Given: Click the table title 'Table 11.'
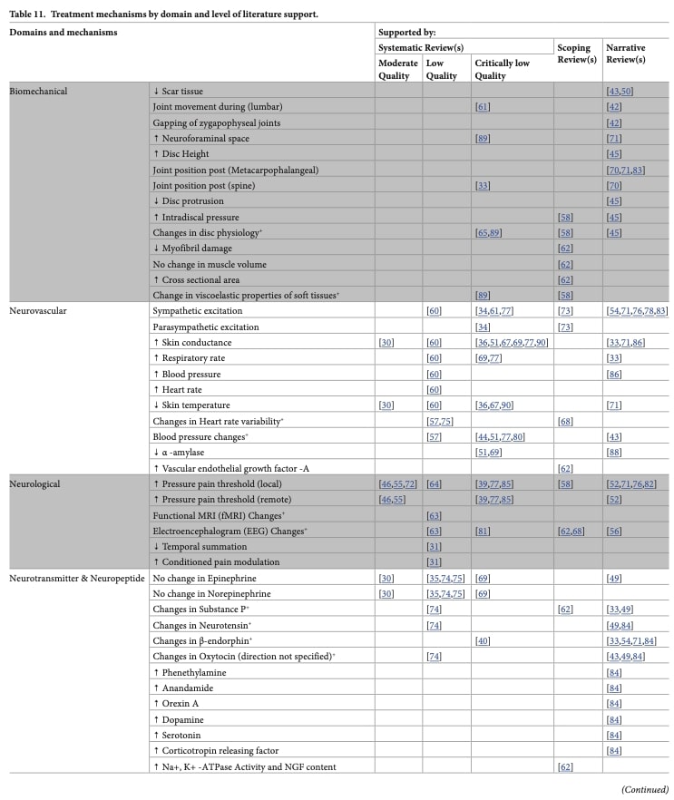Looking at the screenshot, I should (x=33, y=15).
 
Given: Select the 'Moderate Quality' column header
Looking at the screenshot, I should (x=398, y=70).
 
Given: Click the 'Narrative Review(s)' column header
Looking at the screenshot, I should (x=626, y=54).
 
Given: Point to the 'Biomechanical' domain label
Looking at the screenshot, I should (x=38, y=92).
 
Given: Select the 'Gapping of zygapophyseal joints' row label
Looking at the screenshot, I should (x=216, y=122).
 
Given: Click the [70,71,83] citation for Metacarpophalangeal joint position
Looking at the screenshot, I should (x=626, y=170).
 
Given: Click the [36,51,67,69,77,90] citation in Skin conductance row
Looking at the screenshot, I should (x=511, y=343).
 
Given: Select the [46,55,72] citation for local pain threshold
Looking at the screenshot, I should (x=399, y=484).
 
